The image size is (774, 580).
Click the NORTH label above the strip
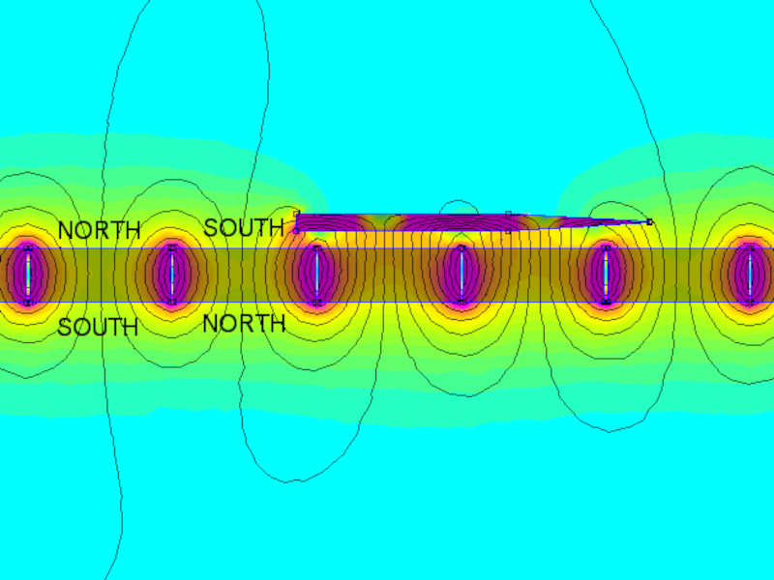[100, 230]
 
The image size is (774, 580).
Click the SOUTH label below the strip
[98, 327]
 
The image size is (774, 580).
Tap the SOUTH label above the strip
[244, 227]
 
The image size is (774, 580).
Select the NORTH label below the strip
[245, 324]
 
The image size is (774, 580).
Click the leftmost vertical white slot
[28, 275]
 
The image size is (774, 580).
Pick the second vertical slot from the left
[172, 275]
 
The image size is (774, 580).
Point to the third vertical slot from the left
[317, 275]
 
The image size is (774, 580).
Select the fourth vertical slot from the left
[461, 275]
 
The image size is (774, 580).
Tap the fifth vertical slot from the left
[607, 275]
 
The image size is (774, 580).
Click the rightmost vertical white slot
[751, 275]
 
